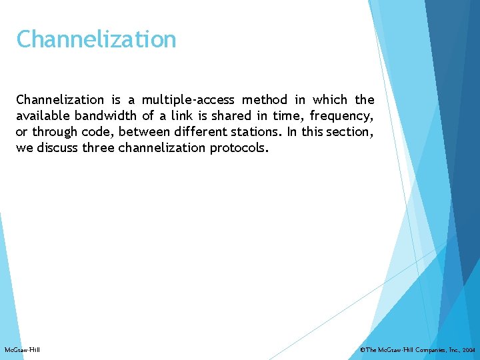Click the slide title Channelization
[96, 39]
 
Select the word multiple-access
[188, 100]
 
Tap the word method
[264, 100]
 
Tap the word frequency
[341, 116]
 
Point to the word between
[143, 132]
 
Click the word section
[347, 132]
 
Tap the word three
[98, 148]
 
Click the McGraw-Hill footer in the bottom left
[22, 350]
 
